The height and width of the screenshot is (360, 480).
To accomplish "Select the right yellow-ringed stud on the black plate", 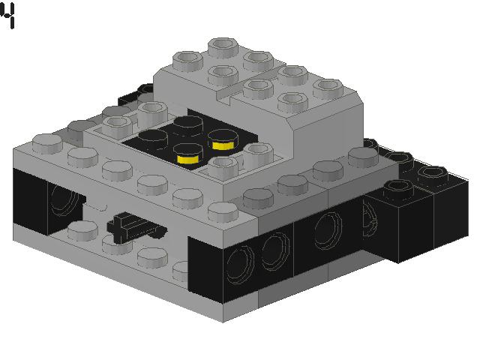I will coord(220,139).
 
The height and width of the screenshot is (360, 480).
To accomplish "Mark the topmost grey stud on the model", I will coord(222,46).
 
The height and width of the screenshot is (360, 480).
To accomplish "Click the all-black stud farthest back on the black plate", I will coord(183,122).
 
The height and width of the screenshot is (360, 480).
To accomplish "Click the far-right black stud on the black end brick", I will coord(432,176).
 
